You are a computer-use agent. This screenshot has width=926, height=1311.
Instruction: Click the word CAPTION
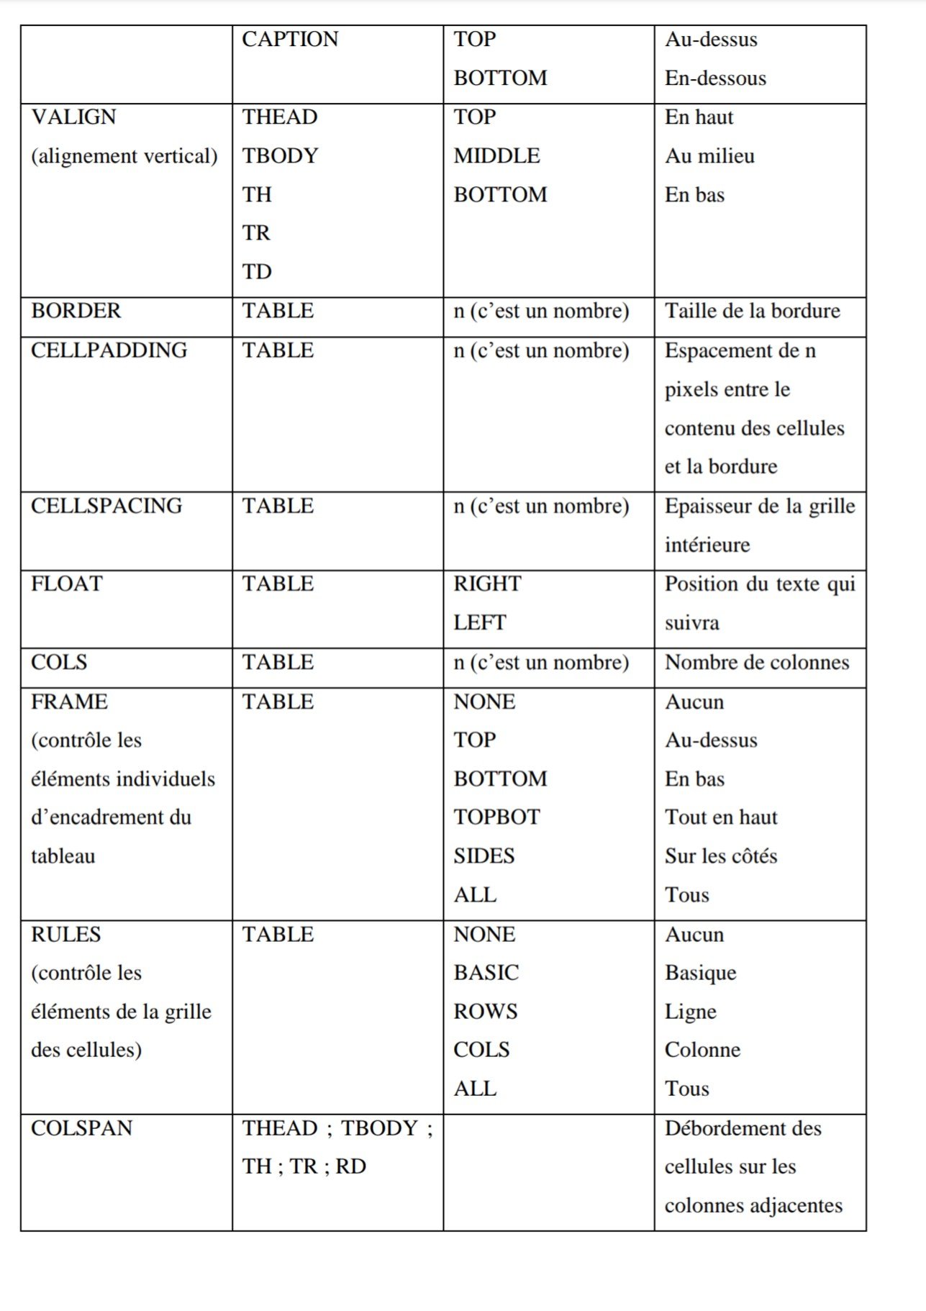[290, 39]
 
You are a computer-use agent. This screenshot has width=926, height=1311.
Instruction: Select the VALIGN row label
[73, 117]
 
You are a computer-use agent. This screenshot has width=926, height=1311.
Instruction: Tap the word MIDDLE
[496, 155]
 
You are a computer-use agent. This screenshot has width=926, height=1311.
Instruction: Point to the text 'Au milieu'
[709, 155]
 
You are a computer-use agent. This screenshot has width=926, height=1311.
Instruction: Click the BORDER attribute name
[76, 311]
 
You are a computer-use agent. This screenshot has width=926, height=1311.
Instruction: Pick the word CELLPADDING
[109, 350]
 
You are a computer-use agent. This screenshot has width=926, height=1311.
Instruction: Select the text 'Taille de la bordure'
[752, 311]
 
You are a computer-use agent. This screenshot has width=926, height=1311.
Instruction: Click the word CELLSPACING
[106, 506]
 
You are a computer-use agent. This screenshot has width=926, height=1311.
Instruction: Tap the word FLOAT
[67, 584]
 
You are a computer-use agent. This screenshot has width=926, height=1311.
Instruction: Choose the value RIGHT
[487, 584]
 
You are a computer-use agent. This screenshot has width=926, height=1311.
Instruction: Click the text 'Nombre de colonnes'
[756, 662]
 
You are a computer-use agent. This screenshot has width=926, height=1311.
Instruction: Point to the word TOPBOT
[496, 817]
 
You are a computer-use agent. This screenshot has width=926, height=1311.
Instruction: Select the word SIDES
[484, 856]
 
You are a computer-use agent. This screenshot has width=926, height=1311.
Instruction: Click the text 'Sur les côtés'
[721, 856]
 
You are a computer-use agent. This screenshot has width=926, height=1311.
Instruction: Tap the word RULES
[66, 935]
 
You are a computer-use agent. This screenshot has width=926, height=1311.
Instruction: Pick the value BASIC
[486, 973]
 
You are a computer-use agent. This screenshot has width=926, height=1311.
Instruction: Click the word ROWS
[485, 1012]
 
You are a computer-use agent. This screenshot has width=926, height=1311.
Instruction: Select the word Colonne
[702, 1050]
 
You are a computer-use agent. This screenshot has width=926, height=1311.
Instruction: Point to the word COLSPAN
[82, 1128]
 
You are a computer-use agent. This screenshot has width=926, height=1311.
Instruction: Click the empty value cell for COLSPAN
[548, 1171]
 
